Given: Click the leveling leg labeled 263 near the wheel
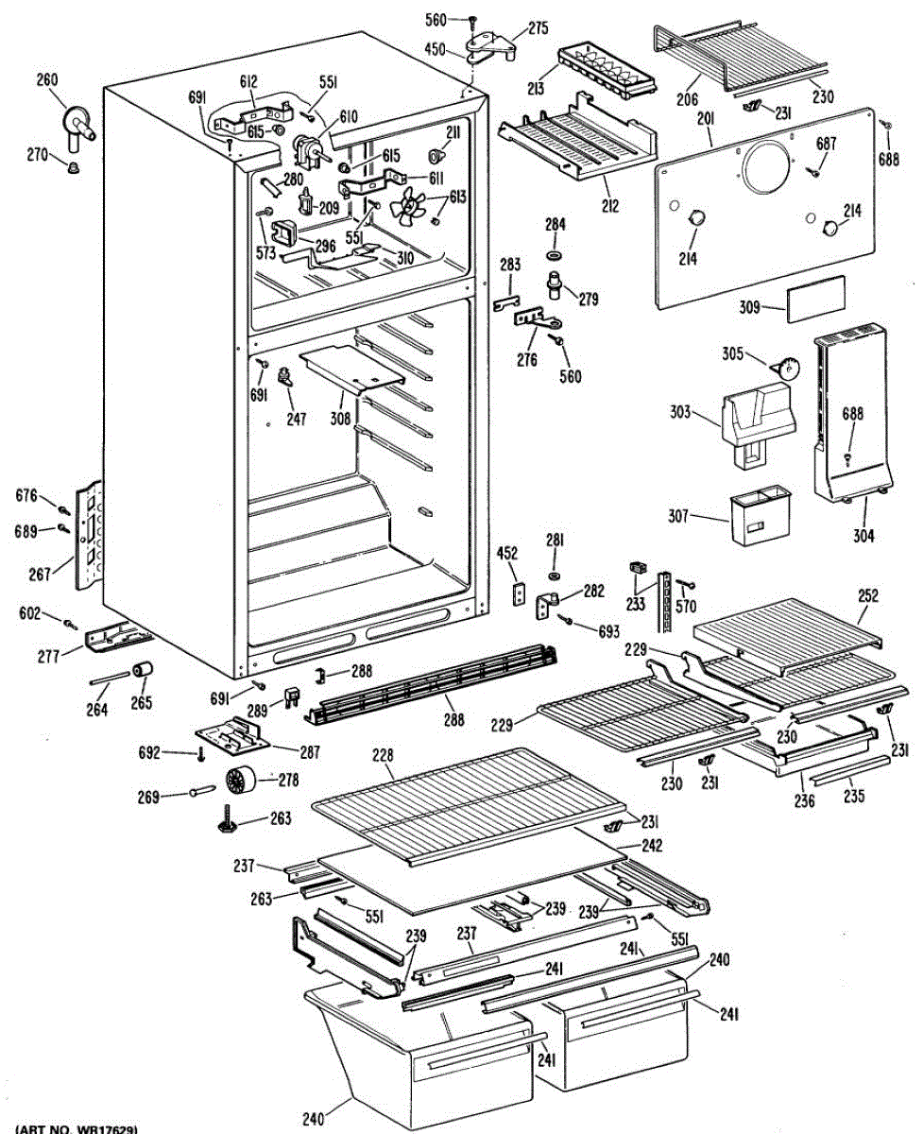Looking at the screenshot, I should coord(231,818).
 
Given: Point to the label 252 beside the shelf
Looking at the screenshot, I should coord(867,596).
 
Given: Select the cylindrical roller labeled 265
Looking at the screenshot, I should coord(142,671).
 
